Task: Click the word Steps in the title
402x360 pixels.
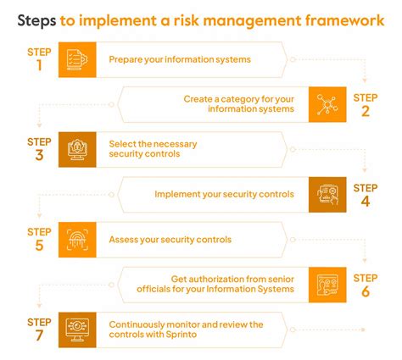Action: tap(36, 20)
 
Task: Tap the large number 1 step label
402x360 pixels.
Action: tap(39, 65)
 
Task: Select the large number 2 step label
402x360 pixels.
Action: tap(365, 110)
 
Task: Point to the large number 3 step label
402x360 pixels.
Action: tap(39, 156)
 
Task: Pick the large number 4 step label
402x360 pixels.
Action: tap(365, 202)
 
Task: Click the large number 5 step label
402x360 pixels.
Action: tap(39, 246)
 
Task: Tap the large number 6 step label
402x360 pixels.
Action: tap(365, 291)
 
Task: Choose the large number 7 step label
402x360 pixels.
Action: tap(39, 336)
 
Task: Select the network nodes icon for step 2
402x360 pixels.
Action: tap(327, 104)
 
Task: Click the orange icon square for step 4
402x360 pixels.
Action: tap(327, 195)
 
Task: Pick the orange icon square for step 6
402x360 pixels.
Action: tap(327, 285)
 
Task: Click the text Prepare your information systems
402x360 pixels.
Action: tap(180, 59)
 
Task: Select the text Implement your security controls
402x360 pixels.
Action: tap(224, 195)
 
